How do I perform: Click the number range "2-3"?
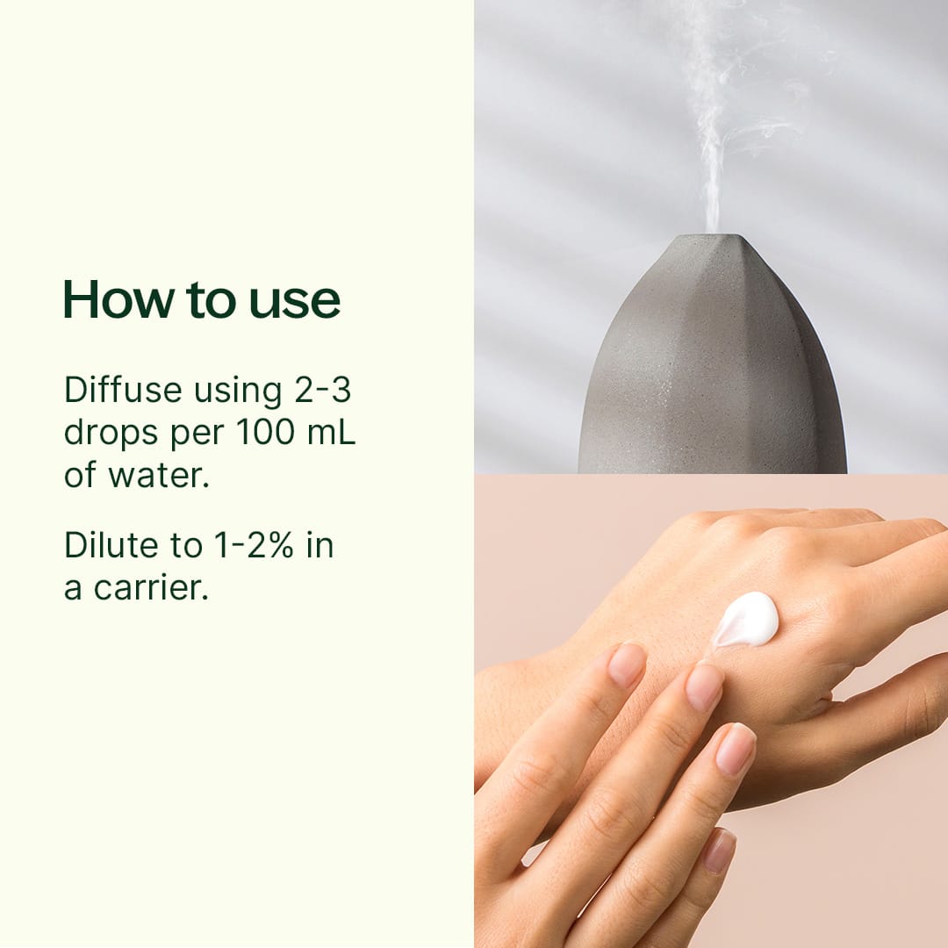pos(322,391)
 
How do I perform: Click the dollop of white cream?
pos(747,620)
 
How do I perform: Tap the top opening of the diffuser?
pos(712,238)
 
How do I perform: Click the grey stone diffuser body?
pos(712,377)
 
